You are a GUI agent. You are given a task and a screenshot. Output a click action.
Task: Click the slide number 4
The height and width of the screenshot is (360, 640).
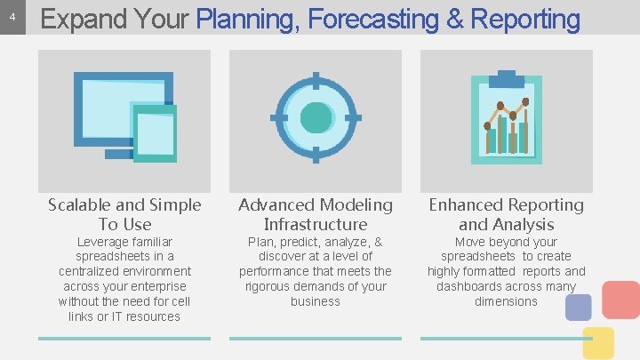click(12, 18)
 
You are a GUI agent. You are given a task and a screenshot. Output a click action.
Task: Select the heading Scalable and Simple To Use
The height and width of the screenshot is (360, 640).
click(124, 214)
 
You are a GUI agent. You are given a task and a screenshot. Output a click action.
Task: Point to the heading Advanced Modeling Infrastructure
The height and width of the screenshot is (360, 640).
click(316, 214)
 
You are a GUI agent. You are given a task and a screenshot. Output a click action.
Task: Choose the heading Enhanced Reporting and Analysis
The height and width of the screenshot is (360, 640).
click(507, 214)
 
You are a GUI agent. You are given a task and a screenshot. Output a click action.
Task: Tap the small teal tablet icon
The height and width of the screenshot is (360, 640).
click(156, 132)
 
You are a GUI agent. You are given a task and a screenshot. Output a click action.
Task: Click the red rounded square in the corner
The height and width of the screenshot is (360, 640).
click(620, 300)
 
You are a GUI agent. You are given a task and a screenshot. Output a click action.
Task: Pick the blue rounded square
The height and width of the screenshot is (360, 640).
click(579, 307)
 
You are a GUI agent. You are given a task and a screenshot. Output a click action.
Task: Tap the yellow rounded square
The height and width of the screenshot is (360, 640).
click(598, 342)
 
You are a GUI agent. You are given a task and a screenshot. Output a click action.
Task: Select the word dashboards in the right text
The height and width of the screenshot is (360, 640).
click(471, 286)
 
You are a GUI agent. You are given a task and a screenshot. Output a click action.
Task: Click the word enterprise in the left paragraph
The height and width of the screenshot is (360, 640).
click(157, 286)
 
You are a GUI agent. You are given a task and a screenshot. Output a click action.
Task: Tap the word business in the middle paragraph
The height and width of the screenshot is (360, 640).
click(316, 301)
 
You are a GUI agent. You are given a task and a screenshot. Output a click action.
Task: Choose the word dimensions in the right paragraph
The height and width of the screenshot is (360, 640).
click(506, 301)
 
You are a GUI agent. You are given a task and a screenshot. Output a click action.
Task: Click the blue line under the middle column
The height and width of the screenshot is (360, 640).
click(316, 338)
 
